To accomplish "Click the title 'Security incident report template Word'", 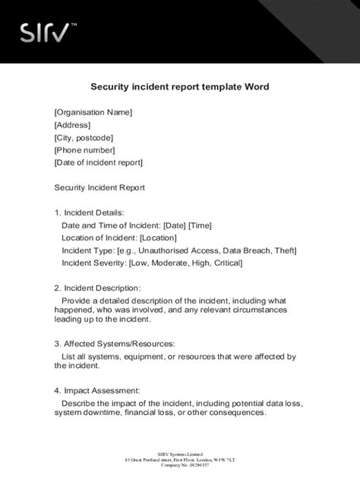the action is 180,87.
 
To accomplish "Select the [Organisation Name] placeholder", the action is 93,112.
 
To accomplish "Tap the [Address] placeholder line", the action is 72,124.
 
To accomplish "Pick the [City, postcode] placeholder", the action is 84,137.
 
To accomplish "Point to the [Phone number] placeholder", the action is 84,149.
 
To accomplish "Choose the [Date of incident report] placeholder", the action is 99,162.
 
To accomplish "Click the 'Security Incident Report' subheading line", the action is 99,187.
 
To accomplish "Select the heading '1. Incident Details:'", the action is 89,212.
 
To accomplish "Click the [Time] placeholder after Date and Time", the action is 200,225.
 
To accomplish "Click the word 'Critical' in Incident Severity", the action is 225,263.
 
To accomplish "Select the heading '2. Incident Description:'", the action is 97,288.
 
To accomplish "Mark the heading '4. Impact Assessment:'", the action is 96,390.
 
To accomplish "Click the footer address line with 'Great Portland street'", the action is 180,460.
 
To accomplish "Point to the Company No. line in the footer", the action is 180,466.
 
